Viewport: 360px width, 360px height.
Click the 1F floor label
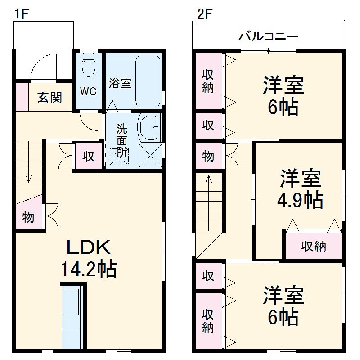pyautogui.click(x=21, y=14)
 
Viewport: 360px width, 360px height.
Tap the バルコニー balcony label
pyautogui.click(x=269, y=36)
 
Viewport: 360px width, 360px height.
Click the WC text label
pyautogui.click(x=89, y=91)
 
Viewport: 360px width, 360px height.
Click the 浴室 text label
pyautogui.click(x=120, y=83)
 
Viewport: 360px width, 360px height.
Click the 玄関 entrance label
pyautogui.click(x=49, y=97)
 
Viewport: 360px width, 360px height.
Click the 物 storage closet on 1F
pyautogui.click(x=28, y=217)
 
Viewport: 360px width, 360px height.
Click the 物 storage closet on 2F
pyautogui.click(x=208, y=156)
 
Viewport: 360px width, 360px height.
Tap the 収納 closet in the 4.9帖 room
pyautogui.click(x=313, y=246)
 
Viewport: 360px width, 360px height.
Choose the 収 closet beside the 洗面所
pyautogui.click(x=88, y=156)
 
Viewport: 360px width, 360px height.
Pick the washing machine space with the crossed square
pyautogui.click(x=150, y=155)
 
